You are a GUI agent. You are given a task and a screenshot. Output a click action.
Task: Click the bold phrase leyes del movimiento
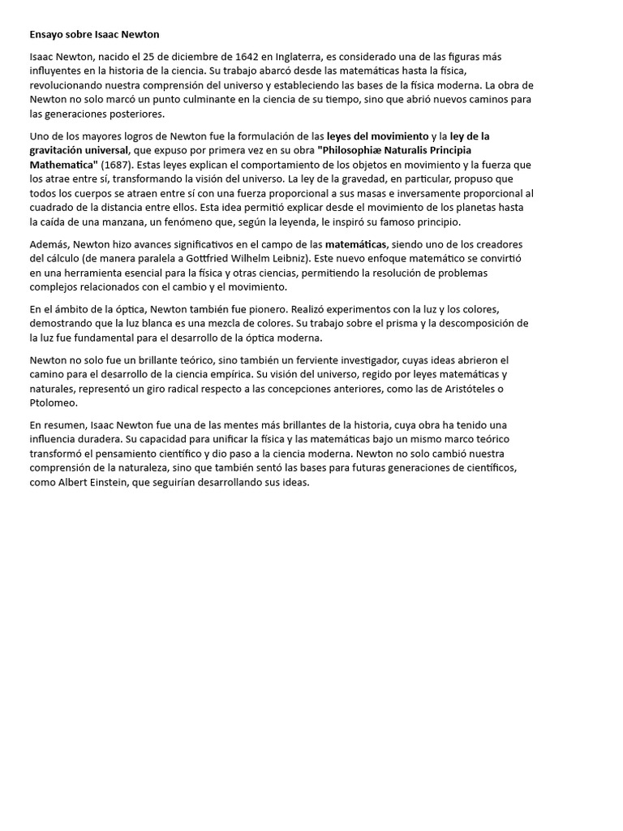coord(377,136)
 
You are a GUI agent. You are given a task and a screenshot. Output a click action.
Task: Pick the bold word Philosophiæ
coord(353,150)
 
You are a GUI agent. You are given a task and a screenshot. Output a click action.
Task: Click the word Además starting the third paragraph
coord(49,244)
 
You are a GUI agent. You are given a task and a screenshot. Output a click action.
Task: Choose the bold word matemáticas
coord(356,244)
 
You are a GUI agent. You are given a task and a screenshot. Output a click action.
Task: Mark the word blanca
coord(122,323)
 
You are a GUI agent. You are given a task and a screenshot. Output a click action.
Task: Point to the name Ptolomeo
coord(54,403)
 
